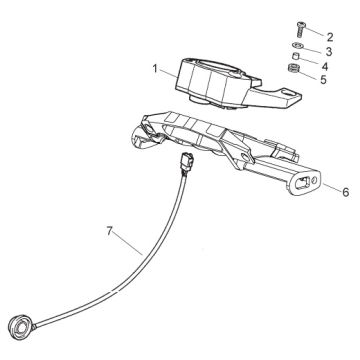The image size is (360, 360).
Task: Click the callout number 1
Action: point(155,69)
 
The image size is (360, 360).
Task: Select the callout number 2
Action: point(330,37)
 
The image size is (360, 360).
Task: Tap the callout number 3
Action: point(329,52)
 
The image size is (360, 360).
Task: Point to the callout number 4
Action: point(325,66)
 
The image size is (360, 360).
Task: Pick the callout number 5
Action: point(323,80)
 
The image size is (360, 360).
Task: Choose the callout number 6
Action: point(346,192)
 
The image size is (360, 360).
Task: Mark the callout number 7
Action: point(110,231)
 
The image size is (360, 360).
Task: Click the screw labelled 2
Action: point(299,30)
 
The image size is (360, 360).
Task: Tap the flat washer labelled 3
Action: point(298,45)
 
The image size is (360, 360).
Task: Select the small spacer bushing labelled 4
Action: point(295,55)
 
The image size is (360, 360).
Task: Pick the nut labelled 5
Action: point(294,68)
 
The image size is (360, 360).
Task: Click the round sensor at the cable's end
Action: point(21,324)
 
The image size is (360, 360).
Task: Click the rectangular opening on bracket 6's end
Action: point(302,182)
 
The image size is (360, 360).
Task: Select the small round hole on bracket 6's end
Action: point(314,181)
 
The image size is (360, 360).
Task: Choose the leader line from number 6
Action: point(331,187)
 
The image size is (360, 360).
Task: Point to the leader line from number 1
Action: point(168,73)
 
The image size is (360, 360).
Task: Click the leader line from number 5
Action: point(309,75)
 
